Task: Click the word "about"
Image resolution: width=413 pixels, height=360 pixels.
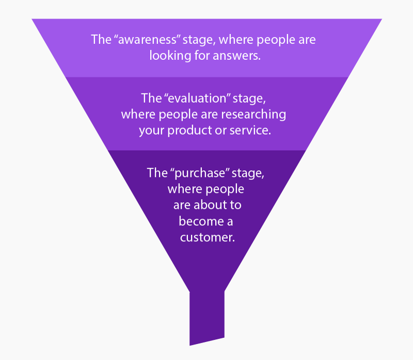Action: pos(210,205)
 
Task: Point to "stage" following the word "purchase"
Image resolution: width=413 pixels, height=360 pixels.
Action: pos(247,173)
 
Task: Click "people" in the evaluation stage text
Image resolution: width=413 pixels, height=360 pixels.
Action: pos(173,114)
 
